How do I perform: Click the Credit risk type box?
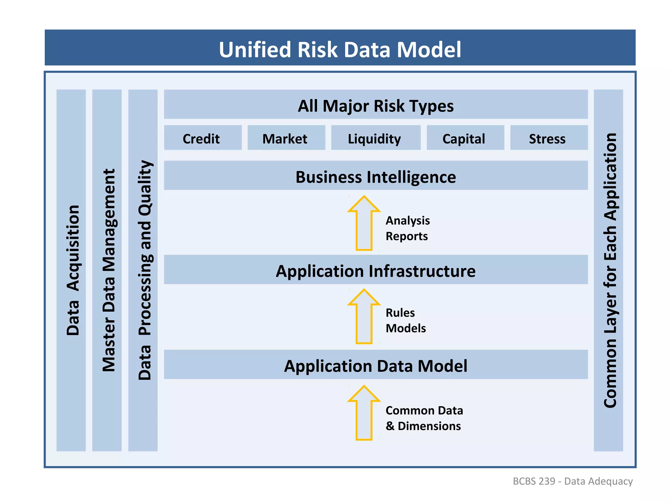tap(203, 138)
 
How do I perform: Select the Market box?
tap(286, 138)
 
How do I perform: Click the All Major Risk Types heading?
tap(376, 105)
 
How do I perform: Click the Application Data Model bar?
tap(376, 365)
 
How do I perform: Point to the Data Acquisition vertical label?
tap(72, 270)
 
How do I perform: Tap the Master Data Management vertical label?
tap(108, 270)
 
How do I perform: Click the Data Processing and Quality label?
tap(144, 270)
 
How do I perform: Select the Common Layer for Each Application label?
tap(609, 270)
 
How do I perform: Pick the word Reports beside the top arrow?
tap(406, 236)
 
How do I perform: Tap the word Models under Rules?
tap(406, 328)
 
